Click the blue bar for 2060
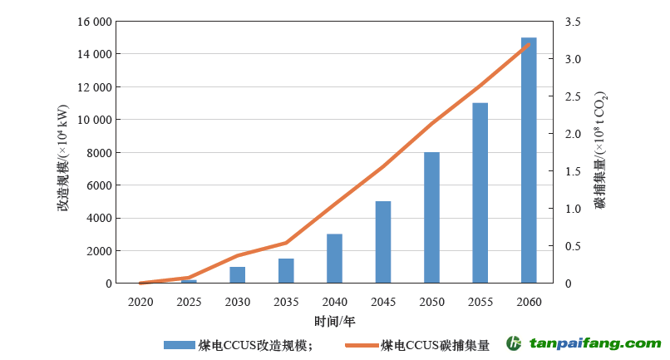pos(529,160)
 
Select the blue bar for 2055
pos(480,193)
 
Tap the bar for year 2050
pos(431,218)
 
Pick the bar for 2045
pos(382,242)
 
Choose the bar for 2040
pos(334,259)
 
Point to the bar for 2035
pos(286,271)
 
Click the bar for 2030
pos(238,275)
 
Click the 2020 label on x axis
pos(140,301)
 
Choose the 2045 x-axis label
pos(382,301)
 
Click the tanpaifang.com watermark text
pos(595,343)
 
